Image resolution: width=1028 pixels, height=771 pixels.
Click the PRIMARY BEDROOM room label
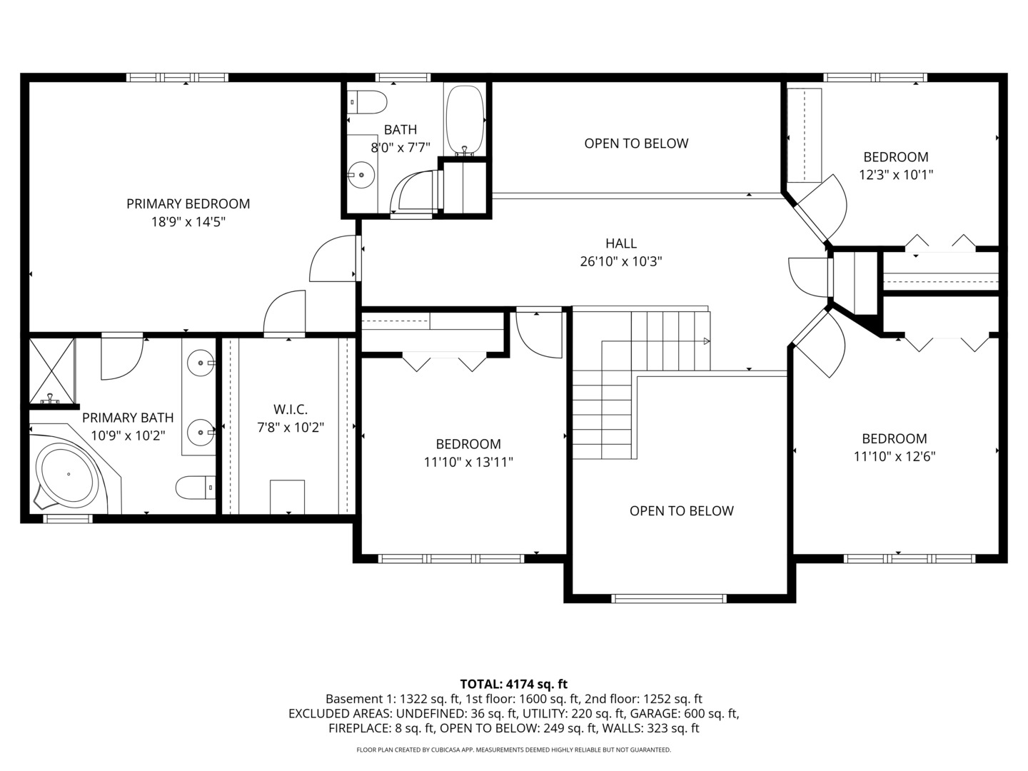(x=188, y=203)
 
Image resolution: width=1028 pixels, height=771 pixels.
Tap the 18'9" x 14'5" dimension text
(x=188, y=222)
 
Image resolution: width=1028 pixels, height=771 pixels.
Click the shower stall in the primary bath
(x=51, y=371)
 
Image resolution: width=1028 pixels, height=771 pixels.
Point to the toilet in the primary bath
(x=195, y=488)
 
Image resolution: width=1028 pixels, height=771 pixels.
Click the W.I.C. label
(x=291, y=409)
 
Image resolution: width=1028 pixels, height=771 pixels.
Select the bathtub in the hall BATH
(x=465, y=119)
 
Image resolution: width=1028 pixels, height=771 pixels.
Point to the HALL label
(x=620, y=243)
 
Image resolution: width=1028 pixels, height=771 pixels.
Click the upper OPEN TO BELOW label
(x=636, y=143)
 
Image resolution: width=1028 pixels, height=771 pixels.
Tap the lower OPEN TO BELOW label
(x=681, y=511)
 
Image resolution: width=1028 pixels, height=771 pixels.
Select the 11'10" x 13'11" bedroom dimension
(x=468, y=463)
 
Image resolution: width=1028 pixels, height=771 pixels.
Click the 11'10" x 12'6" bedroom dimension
(x=895, y=457)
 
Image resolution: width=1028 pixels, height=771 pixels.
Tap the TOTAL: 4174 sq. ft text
(x=513, y=684)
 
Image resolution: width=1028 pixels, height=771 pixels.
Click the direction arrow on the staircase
(x=706, y=341)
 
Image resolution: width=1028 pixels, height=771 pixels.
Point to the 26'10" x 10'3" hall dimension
(x=620, y=262)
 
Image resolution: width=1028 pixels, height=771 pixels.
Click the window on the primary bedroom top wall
(x=178, y=77)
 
